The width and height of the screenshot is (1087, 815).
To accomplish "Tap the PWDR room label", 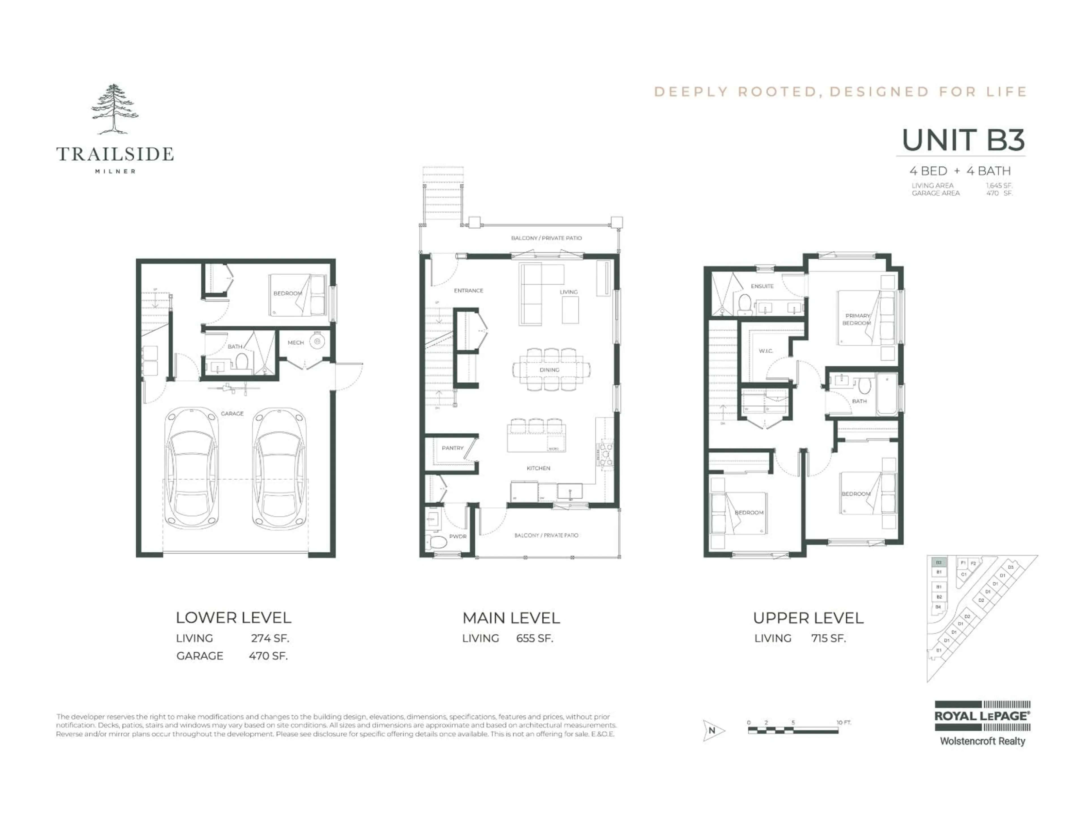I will (457, 537).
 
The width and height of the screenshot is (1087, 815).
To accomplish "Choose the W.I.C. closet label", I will (766, 351).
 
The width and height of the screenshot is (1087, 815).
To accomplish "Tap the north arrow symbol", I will (712, 730).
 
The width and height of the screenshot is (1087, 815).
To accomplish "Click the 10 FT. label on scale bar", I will (844, 723).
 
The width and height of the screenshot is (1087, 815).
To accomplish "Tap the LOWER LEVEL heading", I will (234, 617).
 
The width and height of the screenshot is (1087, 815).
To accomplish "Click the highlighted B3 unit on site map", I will (939, 563).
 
